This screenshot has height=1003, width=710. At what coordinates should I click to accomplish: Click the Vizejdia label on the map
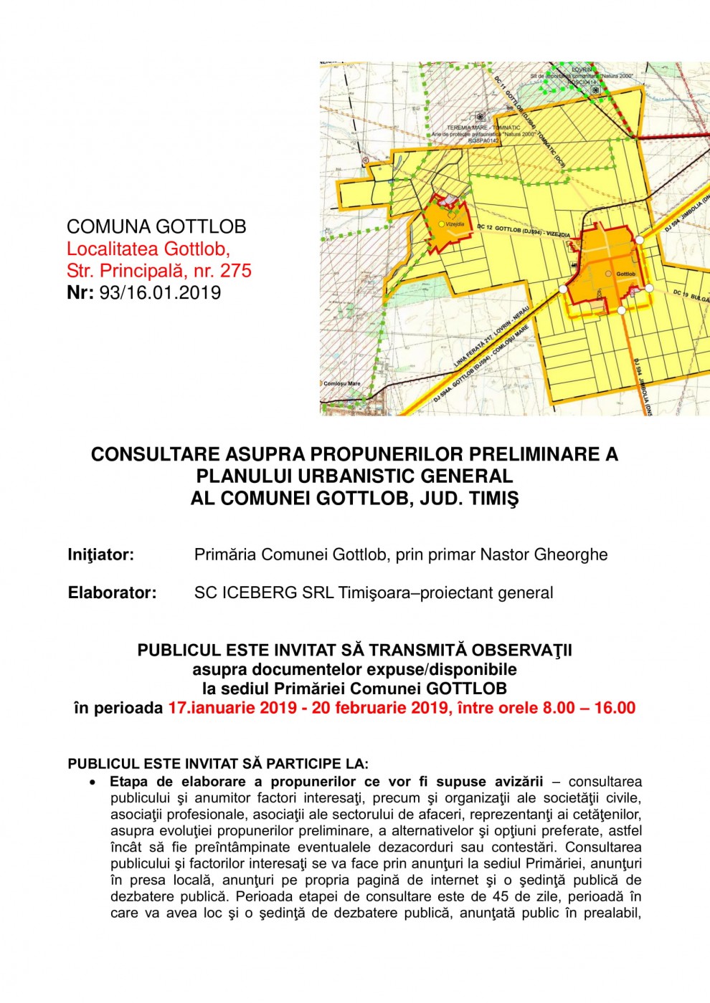click(x=455, y=224)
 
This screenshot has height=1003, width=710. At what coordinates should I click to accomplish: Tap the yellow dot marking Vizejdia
click(x=441, y=224)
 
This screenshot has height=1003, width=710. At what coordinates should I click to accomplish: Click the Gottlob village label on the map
click(x=625, y=274)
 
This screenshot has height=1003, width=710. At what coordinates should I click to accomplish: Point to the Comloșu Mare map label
click(x=342, y=383)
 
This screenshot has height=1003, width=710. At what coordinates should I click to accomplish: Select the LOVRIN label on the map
click(x=582, y=69)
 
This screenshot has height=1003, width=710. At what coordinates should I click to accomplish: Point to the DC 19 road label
click(x=681, y=293)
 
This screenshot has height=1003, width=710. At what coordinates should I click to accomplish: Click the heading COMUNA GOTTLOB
click(x=156, y=227)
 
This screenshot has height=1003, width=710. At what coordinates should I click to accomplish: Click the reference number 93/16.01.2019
click(x=161, y=292)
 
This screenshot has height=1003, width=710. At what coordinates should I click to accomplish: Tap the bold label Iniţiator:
click(x=101, y=555)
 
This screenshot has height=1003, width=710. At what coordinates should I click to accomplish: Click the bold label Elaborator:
click(x=112, y=592)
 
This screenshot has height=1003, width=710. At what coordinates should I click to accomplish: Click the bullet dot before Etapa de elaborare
click(x=93, y=782)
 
